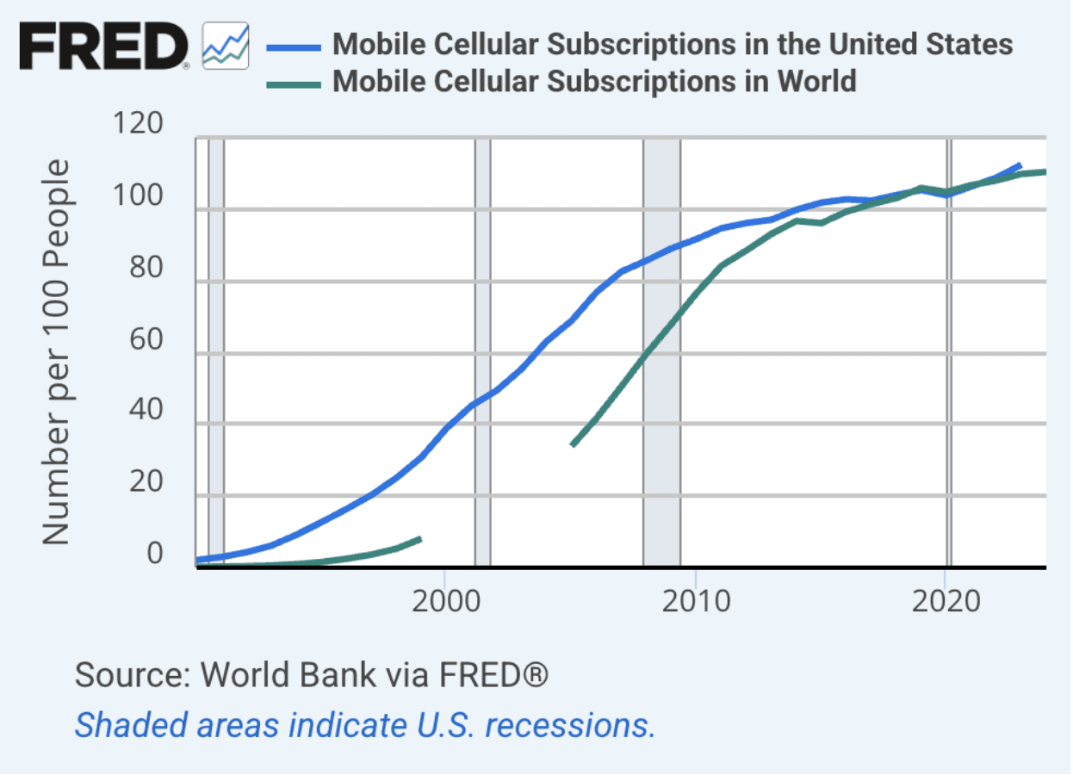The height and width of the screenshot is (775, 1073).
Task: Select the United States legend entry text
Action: (x=673, y=43)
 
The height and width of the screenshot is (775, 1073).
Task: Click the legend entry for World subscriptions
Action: (x=594, y=81)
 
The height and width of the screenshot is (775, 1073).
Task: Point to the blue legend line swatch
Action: (x=294, y=46)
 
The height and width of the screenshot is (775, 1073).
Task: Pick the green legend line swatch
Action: (x=294, y=84)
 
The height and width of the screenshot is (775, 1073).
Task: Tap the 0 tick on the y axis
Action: (x=155, y=553)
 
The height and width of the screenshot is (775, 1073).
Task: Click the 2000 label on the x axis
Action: (x=445, y=601)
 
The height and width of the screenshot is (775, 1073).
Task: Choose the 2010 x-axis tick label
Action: (x=696, y=601)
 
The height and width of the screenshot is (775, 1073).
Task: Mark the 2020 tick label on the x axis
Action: (x=946, y=601)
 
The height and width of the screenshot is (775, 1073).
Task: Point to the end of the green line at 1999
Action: (x=420, y=539)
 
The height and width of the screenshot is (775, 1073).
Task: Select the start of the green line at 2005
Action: (x=573, y=445)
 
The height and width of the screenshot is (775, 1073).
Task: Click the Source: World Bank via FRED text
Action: (x=312, y=674)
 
